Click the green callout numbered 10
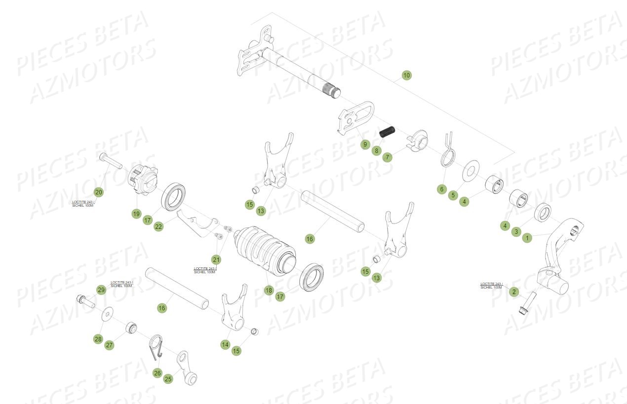click(x=406, y=75)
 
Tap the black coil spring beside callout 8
click(x=387, y=133)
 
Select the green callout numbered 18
click(x=269, y=290)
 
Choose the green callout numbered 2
click(x=514, y=292)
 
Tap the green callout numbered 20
click(x=99, y=192)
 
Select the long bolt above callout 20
click(x=111, y=161)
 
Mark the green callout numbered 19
click(x=136, y=214)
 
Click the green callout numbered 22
click(x=158, y=227)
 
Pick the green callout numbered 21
click(x=216, y=259)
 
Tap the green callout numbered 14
click(x=225, y=345)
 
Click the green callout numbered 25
click(x=168, y=379)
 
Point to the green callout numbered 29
click(x=101, y=290)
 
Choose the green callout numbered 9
click(x=365, y=145)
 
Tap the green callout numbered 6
click(x=441, y=189)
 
